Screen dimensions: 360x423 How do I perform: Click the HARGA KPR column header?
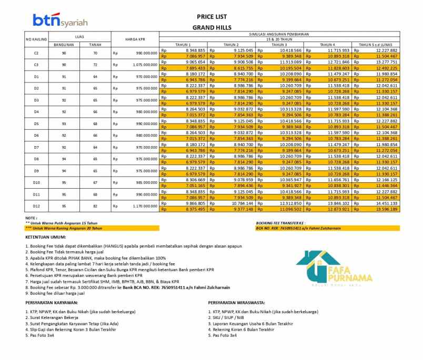pyautogui.click(x=135, y=39)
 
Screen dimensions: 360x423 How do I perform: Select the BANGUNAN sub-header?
pyautogui.click(x=64, y=45)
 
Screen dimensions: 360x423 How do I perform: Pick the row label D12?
pyautogui.click(x=36, y=206)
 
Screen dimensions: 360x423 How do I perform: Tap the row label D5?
pyautogui.click(x=36, y=124)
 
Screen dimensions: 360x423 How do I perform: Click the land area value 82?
pyautogui.click(x=95, y=206)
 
